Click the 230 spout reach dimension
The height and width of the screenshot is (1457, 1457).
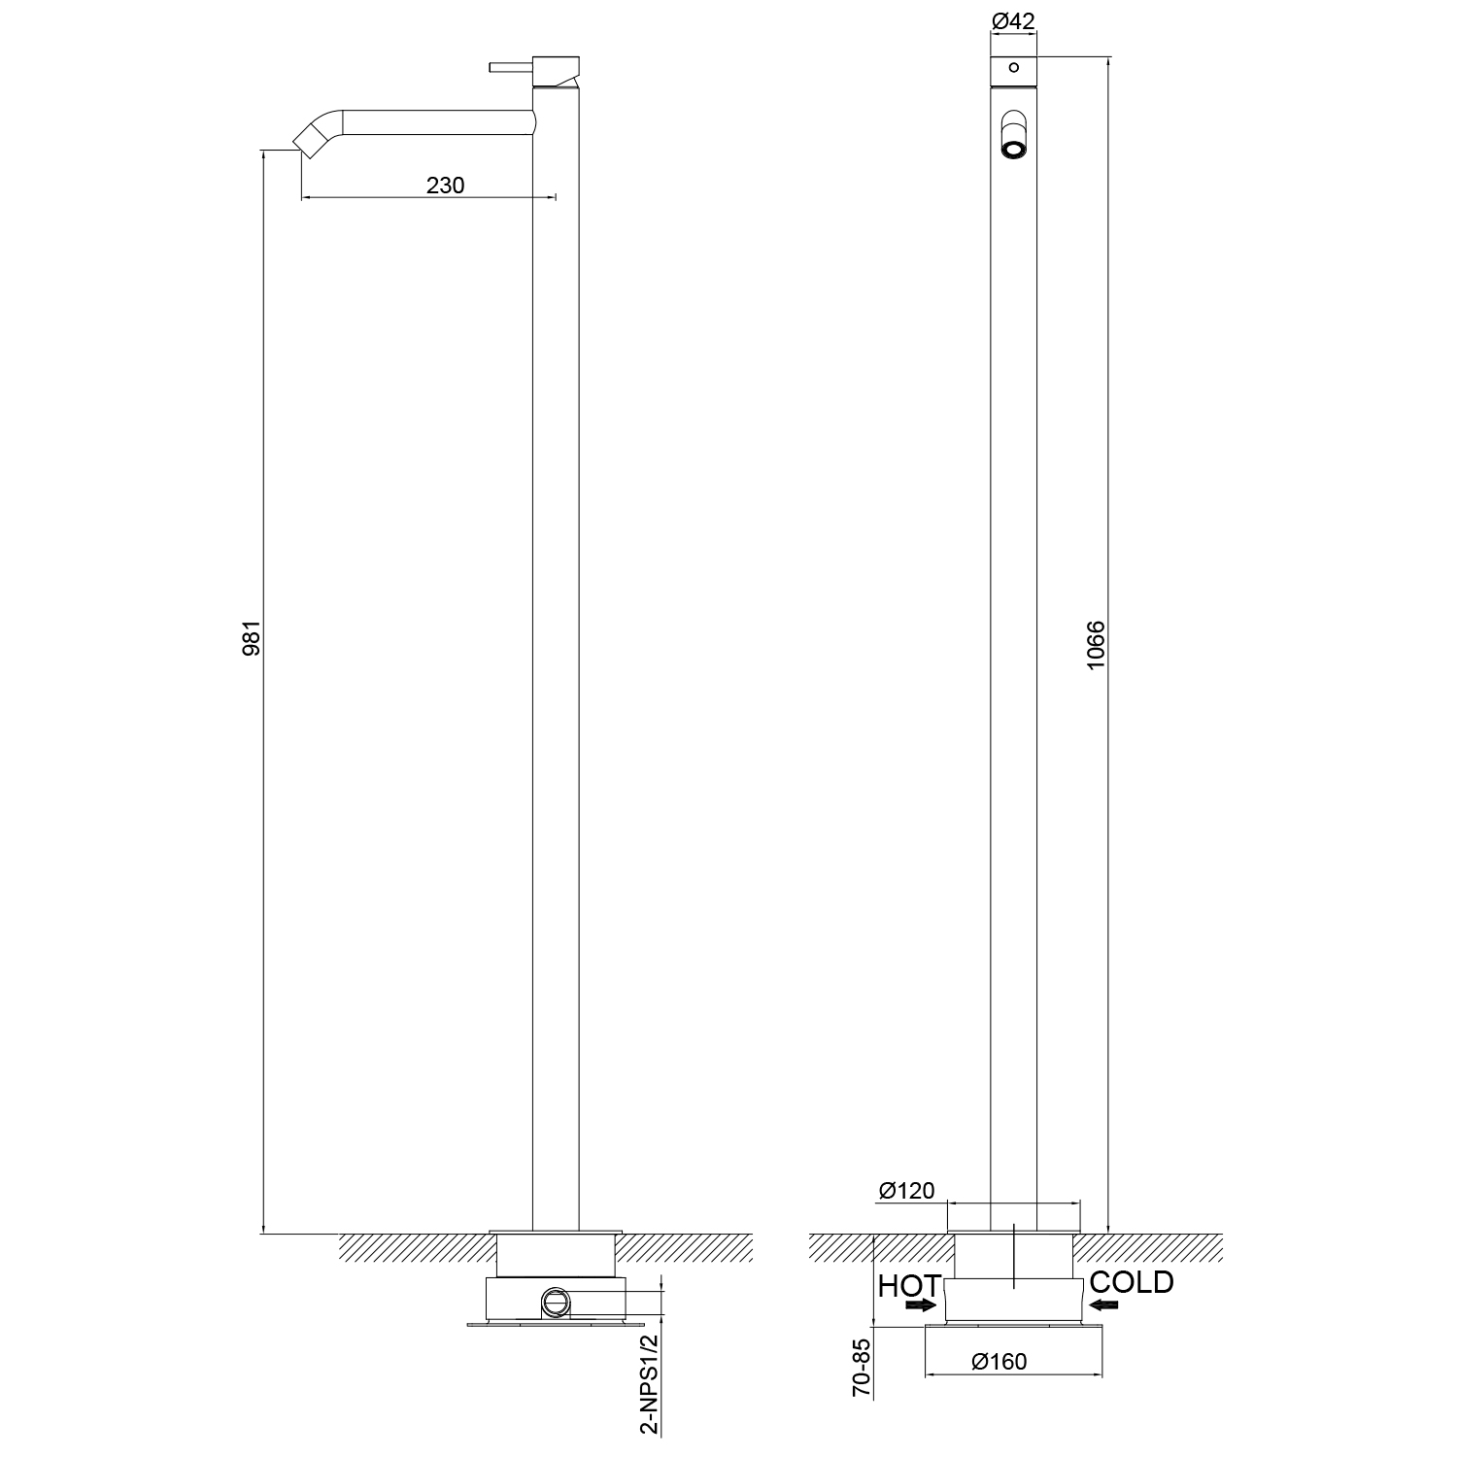click(x=446, y=185)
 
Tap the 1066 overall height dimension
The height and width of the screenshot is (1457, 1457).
click(x=1095, y=645)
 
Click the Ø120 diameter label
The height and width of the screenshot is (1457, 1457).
click(x=906, y=1190)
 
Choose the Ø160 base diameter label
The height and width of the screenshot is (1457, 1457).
click(x=1000, y=1362)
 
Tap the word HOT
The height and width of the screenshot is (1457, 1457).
click(x=908, y=1286)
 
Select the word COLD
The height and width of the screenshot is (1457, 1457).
click(x=1132, y=1282)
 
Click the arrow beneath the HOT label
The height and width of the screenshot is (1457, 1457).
click(x=921, y=1306)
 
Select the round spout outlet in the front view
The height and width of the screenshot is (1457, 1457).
click(x=1013, y=150)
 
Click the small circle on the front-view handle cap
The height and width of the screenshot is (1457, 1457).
click(x=1013, y=67)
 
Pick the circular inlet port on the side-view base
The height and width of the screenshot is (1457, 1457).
click(x=557, y=1303)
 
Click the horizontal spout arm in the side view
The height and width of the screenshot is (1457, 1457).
click(x=437, y=121)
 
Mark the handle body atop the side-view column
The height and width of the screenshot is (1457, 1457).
click(x=557, y=71)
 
